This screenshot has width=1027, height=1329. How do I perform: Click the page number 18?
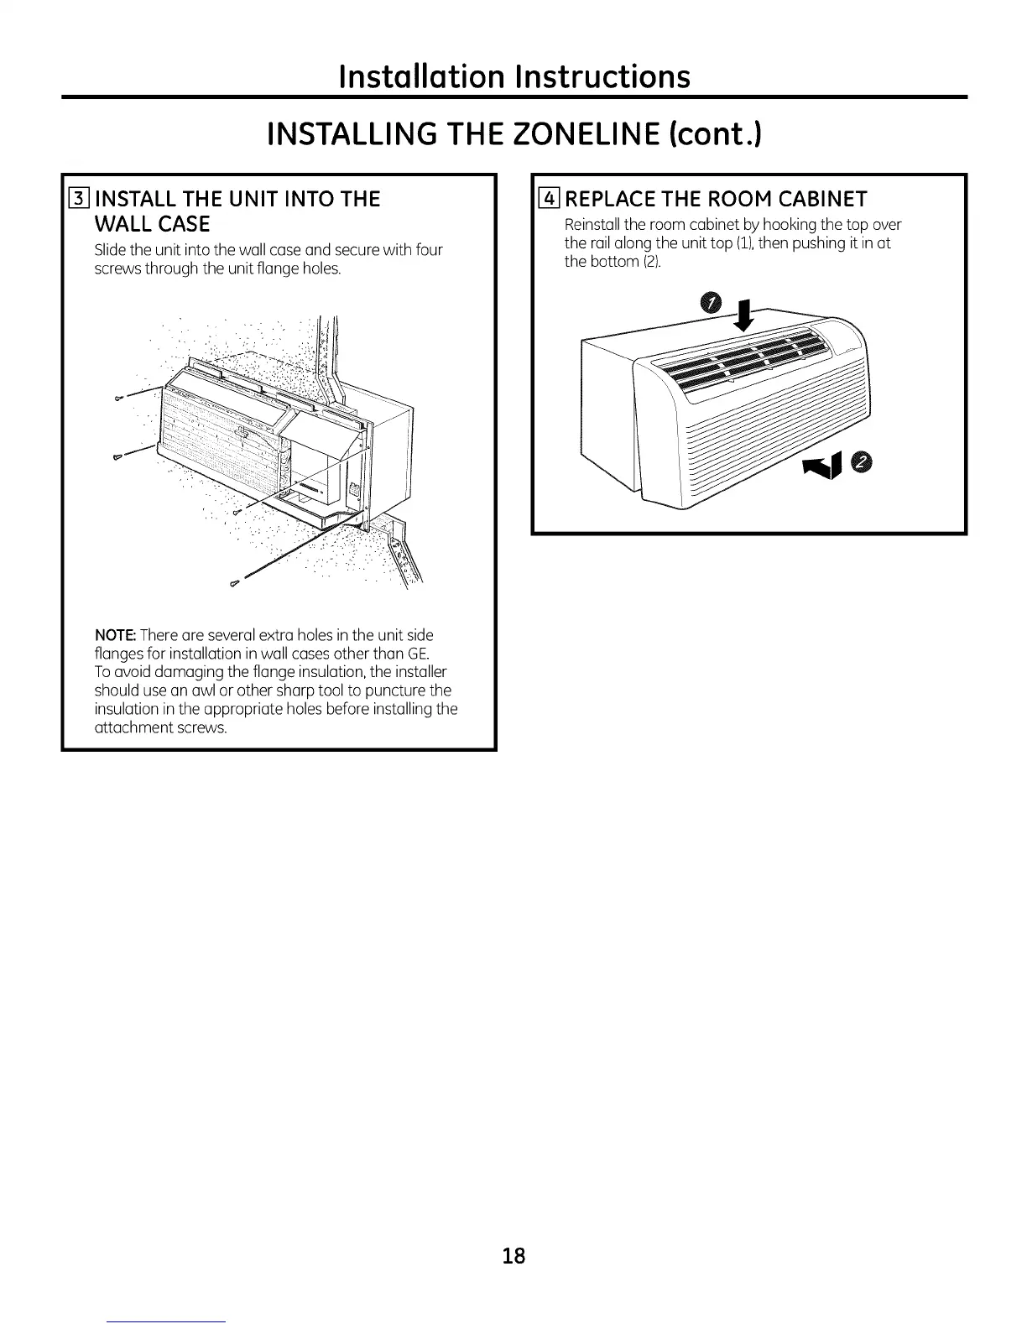[x=513, y=1256]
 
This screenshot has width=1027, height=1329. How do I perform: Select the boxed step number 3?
[x=78, y=200]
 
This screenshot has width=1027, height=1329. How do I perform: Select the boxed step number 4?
[x=548, y=200]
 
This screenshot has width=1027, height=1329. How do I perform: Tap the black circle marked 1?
[x=711, y=303]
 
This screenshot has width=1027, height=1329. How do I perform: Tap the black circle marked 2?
[x=862, y=461]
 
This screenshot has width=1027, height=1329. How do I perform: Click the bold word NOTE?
[x=115, y=635]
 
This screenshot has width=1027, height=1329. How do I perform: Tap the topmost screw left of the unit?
[x=120, y=399]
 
